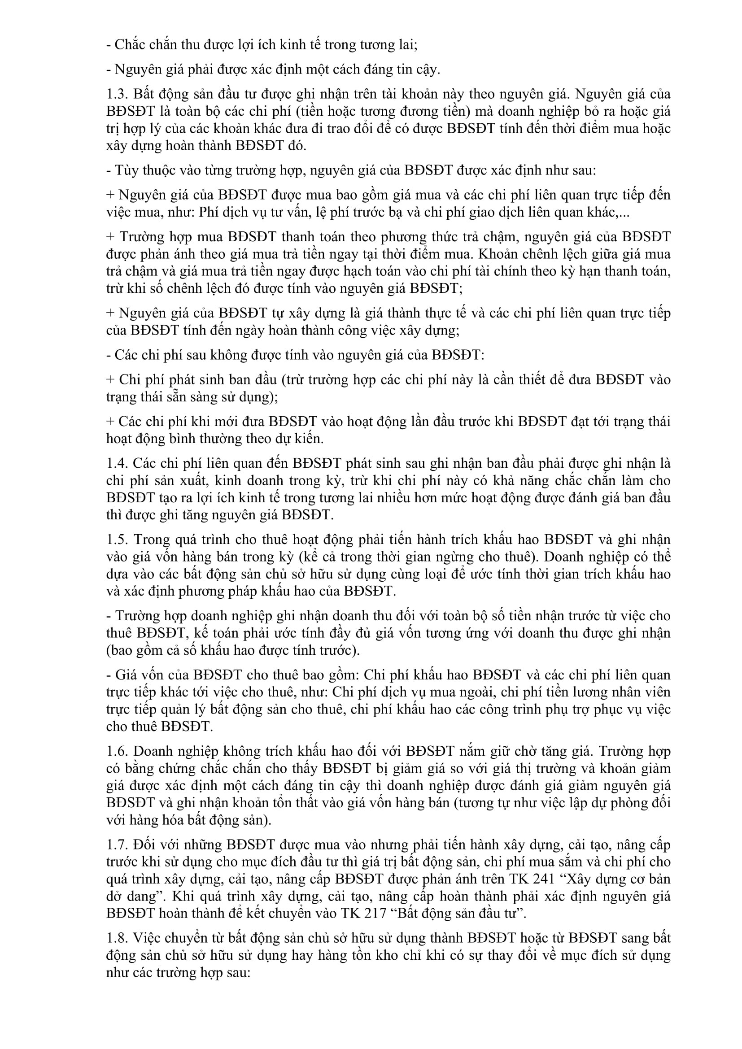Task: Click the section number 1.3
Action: pyautogui.click(x=117, y=94)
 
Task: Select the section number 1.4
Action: pyautogui.click(x=117, y=463)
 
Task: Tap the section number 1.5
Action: pyautogui.click(x=117, y=540)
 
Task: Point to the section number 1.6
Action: pyautogui.click(x=117, y=751)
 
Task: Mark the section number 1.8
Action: pyautogui.click(x=117, y=938)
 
